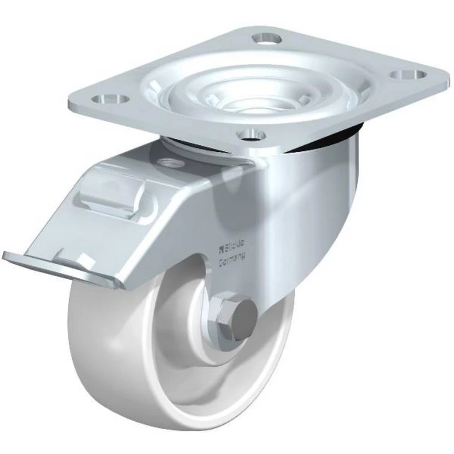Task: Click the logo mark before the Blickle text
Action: (x=222, y=248)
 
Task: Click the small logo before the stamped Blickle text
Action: (x=222, y=248)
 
